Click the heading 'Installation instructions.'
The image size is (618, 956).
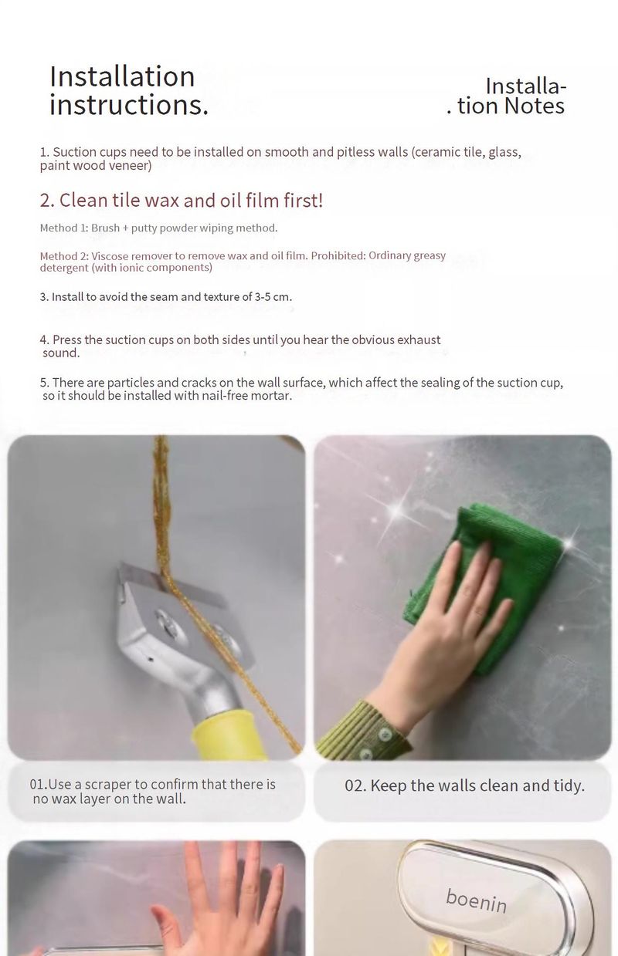tap(129, 90)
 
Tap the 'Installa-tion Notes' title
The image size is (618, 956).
tap(507, 96)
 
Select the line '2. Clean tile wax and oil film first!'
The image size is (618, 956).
tap(182, 200)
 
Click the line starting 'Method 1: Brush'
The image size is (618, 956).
tap(158, 228)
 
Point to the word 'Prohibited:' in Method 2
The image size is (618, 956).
tap(338, 255)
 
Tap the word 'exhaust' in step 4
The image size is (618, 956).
tap(419, 339)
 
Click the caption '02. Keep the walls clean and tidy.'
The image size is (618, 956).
tap(464, 785)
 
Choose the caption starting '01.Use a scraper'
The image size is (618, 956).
tap(153, 791)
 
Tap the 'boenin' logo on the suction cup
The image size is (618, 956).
tap(476, 901)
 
